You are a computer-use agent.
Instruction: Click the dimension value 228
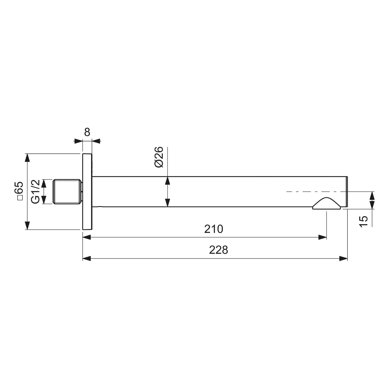(218, 250)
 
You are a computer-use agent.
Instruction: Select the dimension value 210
(213, 229)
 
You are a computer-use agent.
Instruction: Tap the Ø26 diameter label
(159, 157)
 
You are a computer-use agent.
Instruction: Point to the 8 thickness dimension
(87, 132)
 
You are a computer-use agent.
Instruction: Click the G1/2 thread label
(36, 191)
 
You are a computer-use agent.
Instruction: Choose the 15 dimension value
(364, 221)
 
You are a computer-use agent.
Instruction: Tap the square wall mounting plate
(87, 192)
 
